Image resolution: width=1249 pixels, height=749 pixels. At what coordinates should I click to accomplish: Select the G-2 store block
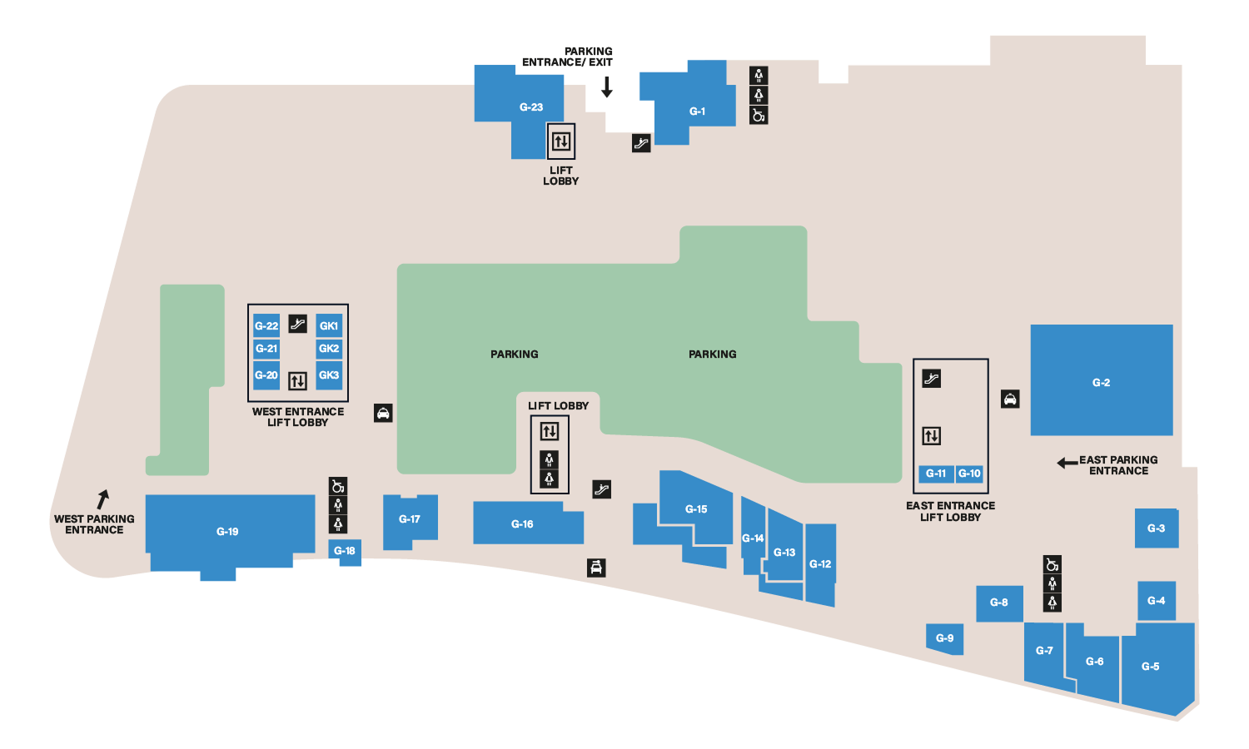pos(1101,381)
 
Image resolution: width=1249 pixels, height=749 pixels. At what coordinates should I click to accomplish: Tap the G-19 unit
pos(227,530)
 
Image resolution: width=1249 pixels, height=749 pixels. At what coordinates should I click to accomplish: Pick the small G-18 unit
pos(345,551)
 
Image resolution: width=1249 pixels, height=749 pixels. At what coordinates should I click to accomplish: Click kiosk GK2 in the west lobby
pos(329,349)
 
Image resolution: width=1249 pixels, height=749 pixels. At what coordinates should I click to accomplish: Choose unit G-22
pos(266,325)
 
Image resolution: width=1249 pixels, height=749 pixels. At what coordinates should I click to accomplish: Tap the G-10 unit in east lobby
pos(969,474)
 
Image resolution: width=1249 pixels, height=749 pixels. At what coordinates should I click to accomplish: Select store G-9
pos(945,638)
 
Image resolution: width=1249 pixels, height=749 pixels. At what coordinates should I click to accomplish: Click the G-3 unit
pos(1156,528)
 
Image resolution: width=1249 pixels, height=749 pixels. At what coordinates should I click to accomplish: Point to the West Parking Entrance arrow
pos(103,499)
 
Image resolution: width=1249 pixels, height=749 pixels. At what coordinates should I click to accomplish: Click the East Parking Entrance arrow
pos(1067,463)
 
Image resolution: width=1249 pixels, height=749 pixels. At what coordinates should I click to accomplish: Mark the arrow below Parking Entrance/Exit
pos(607,87)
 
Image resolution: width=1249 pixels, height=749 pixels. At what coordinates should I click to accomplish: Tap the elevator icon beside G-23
pos(561,141)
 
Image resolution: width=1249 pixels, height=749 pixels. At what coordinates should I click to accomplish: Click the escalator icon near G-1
pos(641,143)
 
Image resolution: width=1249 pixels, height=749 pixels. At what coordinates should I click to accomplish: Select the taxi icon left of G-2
pos(1010,399)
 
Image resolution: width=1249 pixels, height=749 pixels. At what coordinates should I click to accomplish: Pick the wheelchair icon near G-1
pos(759,115)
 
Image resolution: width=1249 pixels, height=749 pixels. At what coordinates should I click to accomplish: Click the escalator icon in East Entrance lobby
pos(931,379)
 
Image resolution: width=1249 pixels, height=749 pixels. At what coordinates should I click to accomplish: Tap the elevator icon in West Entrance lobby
pos(297,381)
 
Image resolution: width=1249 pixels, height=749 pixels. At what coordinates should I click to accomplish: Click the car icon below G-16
pos(596,568)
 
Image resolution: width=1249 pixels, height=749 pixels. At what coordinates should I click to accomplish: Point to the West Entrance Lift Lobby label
pos(298,417)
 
